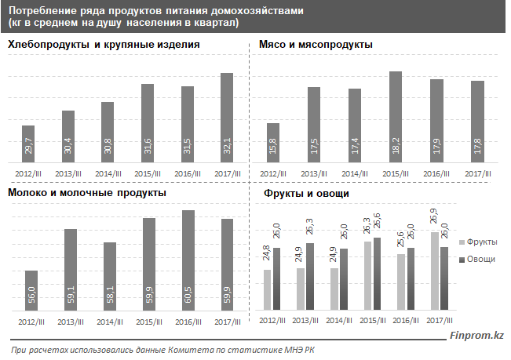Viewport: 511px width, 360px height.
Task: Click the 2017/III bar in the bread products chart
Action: click(227, 118)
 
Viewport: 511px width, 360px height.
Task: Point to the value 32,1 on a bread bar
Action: click(227, 147)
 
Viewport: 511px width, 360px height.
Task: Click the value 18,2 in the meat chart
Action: click(396, 147)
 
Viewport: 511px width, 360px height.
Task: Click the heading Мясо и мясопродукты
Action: click(316, 45)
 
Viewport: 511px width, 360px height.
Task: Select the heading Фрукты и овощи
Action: click(306, 193)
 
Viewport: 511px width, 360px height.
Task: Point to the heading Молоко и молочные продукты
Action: click(86, 193)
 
